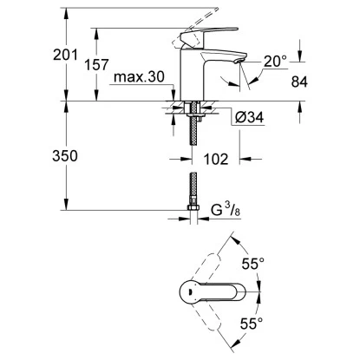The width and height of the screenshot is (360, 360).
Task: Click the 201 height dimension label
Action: click(65, 55)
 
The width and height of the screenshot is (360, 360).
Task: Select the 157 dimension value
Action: click(96, 65)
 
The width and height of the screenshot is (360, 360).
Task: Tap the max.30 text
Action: click(139, 77)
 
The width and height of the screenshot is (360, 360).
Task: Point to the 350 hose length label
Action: click(65, 156)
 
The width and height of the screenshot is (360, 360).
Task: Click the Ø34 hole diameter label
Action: click(249, 117)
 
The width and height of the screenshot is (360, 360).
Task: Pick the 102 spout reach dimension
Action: click(216, 159)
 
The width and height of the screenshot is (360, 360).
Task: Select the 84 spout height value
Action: click(299, 82)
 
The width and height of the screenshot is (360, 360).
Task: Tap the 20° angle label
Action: click(275, 62)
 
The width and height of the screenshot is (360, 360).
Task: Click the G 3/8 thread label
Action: click(226, 210)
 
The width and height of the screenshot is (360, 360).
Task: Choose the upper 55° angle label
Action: click(253, 264)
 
